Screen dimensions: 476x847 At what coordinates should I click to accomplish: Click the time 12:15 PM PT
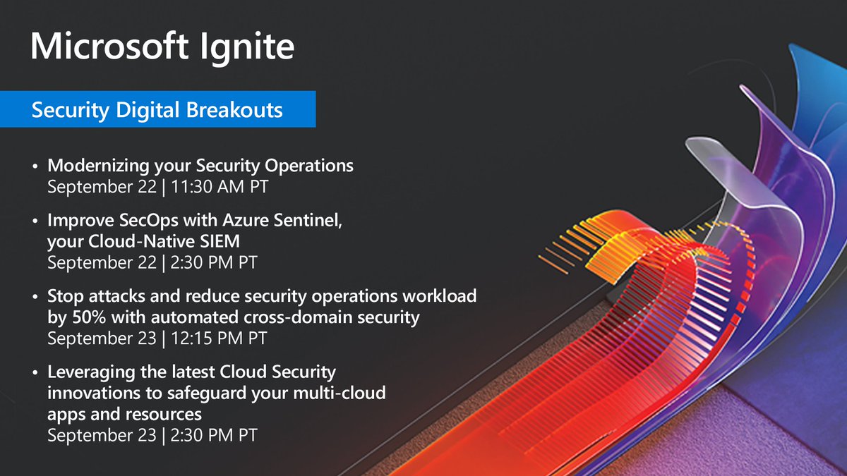coord(219,338)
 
